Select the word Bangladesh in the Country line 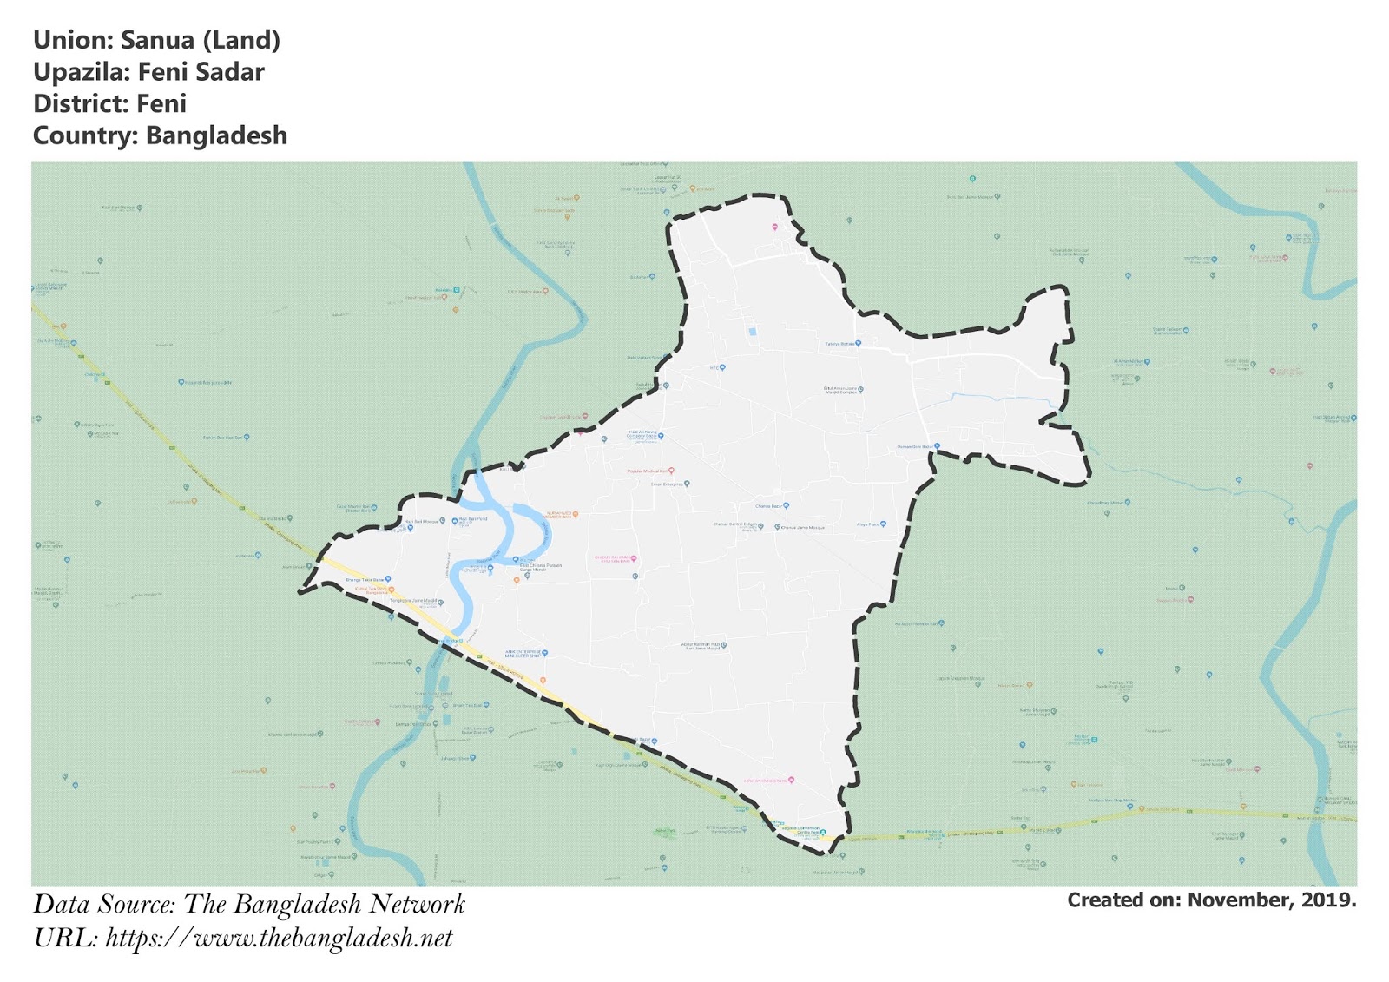click(216, 136)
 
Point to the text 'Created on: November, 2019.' click(1211, 900)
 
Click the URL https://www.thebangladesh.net click(279, 939)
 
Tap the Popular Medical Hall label click(648, 471)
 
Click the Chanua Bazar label click(770, 506)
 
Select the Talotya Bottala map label click(840, 344)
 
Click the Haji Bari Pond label click(473, 519)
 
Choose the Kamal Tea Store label click(372, 590)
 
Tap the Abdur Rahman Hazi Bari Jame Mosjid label click(701, 646)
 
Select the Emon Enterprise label click(668, 484)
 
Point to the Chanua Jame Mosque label click(802, 527)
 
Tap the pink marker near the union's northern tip click(775, 227)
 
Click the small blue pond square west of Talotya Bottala click(752, 332)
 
